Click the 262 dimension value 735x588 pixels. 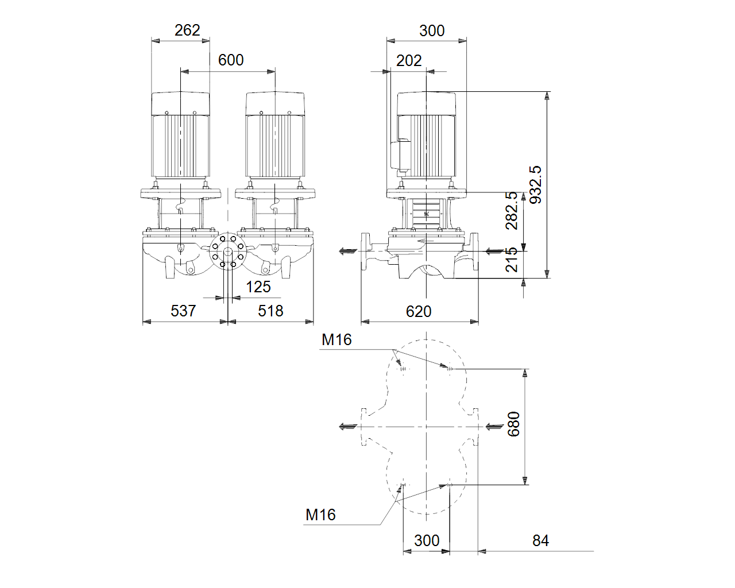tap(187, 30)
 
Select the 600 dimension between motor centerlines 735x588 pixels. tap(231, 60)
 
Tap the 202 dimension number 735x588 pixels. tap(409, 61)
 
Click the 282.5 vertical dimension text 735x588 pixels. tap(512, 211)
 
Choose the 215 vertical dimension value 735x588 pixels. tap(512, 260)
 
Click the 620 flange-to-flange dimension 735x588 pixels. tap(419, 312)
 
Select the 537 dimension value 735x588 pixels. tap(183, 311)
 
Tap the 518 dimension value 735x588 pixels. tap(270, 311)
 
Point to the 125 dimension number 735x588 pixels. tap(258, 287)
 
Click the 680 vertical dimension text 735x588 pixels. tap(514, 424)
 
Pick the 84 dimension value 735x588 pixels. tap(541, 540)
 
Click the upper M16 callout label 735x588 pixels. tap(336, 339)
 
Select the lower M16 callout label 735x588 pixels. tap(321, 514)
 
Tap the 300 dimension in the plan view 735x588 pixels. tap(427, 540)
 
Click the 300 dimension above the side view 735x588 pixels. tap(432, 31)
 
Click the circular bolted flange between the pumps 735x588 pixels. tap(227, 251)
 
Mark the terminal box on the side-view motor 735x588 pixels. tap(400, 155)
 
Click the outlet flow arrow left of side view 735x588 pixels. tap(348, 252)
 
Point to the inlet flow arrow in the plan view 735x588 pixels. tap(494, 427)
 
